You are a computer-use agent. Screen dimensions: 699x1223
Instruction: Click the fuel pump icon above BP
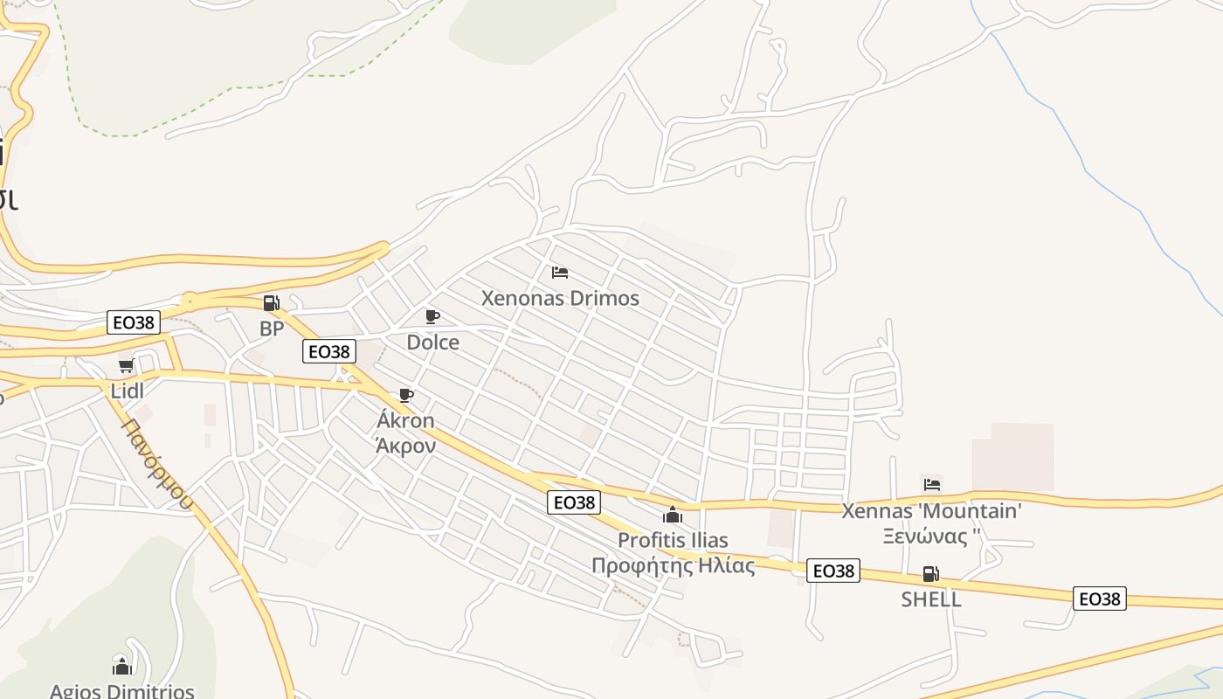[x=271, y=303]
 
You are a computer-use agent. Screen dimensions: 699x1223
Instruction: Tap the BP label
[x=272, y=329]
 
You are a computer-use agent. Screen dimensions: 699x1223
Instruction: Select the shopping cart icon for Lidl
[x=127, y=366]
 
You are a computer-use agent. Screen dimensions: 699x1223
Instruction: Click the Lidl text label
[x=128, y=391]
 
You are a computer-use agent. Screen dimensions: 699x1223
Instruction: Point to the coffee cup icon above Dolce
[x=432, y=316]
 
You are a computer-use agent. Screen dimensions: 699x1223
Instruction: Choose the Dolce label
[x=432, y=343]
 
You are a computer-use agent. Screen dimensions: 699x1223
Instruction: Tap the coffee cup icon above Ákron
[x=405, y=395]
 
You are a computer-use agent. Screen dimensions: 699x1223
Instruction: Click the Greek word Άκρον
[x=405, y=445]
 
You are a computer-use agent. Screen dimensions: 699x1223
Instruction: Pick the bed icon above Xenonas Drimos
[x=560, y=273]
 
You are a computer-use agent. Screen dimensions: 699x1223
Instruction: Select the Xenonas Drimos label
[x=560, y=298]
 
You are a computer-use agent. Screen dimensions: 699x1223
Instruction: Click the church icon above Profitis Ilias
[x=673, y=515]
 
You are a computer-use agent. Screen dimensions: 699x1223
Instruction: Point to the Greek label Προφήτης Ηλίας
[x=673, y=565]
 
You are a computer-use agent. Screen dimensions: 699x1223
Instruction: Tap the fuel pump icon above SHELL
[x=931, y=574]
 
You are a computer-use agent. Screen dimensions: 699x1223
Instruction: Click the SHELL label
[x=931, y=599]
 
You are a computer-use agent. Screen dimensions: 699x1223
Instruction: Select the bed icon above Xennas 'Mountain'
[x=932, y=484]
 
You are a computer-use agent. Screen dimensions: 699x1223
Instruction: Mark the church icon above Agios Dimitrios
[x=122, y=667]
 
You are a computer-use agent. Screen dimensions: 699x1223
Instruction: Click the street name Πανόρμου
[x=158, y=463]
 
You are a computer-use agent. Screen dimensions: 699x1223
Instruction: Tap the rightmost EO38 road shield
[x=1100, y=599]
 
